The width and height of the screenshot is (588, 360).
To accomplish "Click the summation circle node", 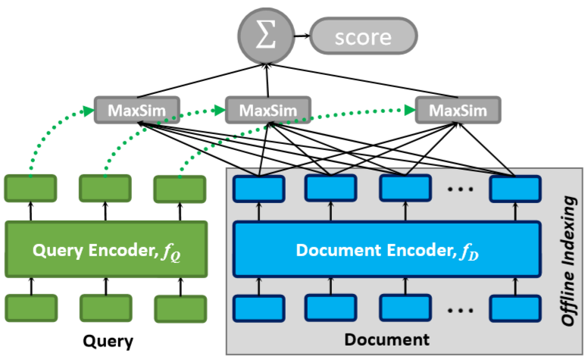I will (265, 36).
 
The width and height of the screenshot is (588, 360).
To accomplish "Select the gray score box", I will (364, 36).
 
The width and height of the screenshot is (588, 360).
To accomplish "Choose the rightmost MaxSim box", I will (457, 111).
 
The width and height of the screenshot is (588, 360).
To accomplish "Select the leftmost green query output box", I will (30, 188).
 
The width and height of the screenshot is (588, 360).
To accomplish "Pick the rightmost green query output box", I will (180, 189).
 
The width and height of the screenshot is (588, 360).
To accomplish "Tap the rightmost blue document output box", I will (515, 188).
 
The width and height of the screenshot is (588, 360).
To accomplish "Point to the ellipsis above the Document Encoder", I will (458, 190).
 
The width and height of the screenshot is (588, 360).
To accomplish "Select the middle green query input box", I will (105, 307).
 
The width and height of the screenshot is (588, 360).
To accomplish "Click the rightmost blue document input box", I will (515, 308).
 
